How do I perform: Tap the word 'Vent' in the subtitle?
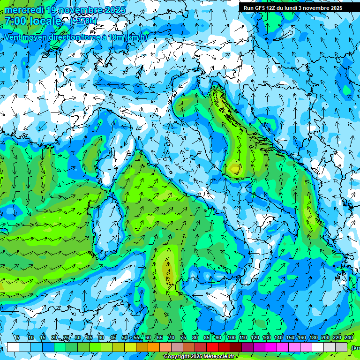point(14,37)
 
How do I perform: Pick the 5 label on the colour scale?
point(18,337)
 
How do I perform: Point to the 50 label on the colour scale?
point(124,337)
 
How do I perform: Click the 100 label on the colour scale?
point(231,337)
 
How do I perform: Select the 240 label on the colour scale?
point(349,337)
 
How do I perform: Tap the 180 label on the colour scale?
point(314,337)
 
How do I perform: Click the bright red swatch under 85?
point(212,347)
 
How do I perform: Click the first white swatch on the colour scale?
point(13,347)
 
